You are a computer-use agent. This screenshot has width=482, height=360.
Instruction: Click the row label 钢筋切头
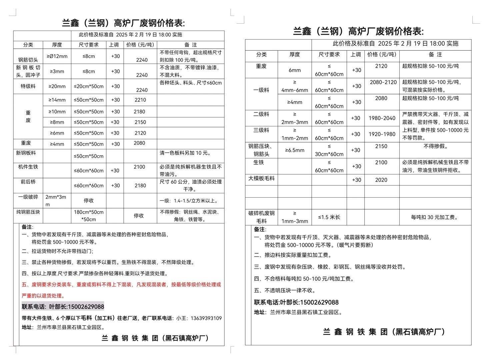(28, 60)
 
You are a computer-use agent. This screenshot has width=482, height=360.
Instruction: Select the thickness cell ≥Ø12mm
(57, 56)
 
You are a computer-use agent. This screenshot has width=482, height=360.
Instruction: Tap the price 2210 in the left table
(140, 100)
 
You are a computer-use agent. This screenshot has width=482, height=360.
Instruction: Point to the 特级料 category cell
(28, 86)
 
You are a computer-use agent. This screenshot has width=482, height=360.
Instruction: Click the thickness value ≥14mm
(57, 100)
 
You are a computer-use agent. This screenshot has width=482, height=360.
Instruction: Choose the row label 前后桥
(28, 181)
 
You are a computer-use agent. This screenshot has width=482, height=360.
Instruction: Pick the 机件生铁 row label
(28, 167)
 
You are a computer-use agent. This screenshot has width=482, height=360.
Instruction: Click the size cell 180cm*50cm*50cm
(89, 216)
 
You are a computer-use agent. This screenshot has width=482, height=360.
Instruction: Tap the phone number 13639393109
(206, 318)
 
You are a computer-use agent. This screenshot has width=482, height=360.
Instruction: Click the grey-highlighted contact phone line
(63, 307)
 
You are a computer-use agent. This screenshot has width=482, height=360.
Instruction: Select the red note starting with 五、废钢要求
(121, 285)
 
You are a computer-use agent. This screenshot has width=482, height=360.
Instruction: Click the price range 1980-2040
(382, 118)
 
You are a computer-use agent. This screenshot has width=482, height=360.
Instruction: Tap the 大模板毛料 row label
(261, 179)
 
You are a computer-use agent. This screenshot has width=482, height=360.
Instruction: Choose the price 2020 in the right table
(381, 180)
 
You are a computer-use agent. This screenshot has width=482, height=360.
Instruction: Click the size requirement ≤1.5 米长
(329, 217)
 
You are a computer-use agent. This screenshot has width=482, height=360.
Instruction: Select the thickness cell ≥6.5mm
(295, 150)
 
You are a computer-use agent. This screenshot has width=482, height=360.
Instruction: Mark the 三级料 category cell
(261, 130)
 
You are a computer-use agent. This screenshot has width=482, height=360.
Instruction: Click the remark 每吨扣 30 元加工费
(435, 217)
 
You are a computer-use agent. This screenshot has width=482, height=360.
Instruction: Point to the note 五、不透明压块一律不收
(285, 290)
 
